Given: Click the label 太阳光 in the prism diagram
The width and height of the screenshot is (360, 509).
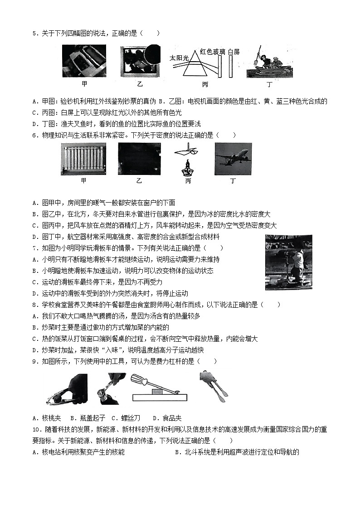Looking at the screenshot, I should [x=179, y=58].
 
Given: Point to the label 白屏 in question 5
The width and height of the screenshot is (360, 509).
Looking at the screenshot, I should [x=234, y=52].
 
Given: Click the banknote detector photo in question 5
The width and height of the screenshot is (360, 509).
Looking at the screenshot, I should [x=84, y=60].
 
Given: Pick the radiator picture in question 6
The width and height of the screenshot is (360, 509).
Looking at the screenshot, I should [x=83, y=159].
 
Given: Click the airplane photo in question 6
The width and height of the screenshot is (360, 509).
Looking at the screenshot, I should [x=233, y=159].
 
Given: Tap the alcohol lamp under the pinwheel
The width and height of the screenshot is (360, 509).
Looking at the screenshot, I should [x=187, y=168].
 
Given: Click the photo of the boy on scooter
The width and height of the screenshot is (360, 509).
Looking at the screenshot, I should [x=288, y=262].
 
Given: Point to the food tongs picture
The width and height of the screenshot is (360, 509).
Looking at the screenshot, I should [x=211, y=387].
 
